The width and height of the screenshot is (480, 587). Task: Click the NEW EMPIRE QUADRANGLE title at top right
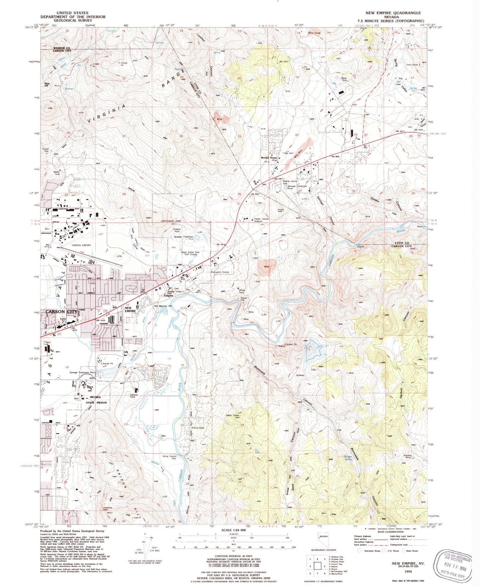[x=393, y=13]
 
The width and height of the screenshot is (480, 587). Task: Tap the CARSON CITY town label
[x=61, y=312]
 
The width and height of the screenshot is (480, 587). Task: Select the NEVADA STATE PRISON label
[x=96, y=400]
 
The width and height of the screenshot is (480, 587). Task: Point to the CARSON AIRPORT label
[x=81, y=245]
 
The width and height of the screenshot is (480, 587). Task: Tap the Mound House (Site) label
[x=269, y=159]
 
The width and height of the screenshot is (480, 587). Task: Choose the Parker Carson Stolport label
[x=261, y=220]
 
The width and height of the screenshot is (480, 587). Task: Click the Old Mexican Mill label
[x=163, y=306]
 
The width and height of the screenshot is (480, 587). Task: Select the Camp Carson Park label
[x=169, y=457]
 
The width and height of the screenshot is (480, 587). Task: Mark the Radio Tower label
[x=233, y=415]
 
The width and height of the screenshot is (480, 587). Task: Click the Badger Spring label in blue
[x=348, y=458]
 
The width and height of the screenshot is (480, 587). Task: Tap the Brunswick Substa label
[x=220, y=272]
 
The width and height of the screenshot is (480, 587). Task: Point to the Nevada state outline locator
[x=322, y=537]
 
